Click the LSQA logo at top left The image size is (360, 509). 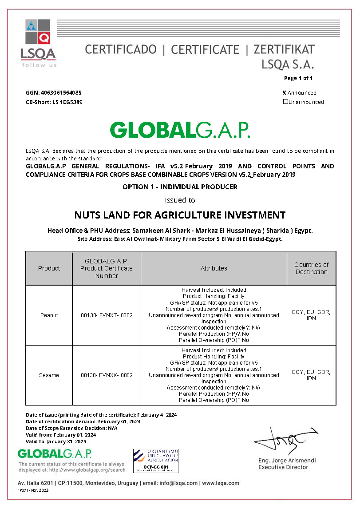[38, 43]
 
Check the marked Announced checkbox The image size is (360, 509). [285, 93]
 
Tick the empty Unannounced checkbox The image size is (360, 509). [285, 102]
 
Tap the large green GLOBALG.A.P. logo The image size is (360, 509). [180, 130]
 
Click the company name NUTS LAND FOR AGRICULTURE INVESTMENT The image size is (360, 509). [180, 215]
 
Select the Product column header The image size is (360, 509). [49, 268]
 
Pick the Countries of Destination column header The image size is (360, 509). [311, 268]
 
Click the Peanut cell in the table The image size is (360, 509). [49, 315]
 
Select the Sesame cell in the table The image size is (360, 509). [49, 375]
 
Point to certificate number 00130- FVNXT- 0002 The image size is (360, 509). [107, 315]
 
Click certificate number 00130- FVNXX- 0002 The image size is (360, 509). [107, 375]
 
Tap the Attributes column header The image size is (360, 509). [214, 268]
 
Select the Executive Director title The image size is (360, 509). [283, 467]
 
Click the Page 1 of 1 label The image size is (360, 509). [298, 78]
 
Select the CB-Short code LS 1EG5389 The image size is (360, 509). [67, 102]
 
